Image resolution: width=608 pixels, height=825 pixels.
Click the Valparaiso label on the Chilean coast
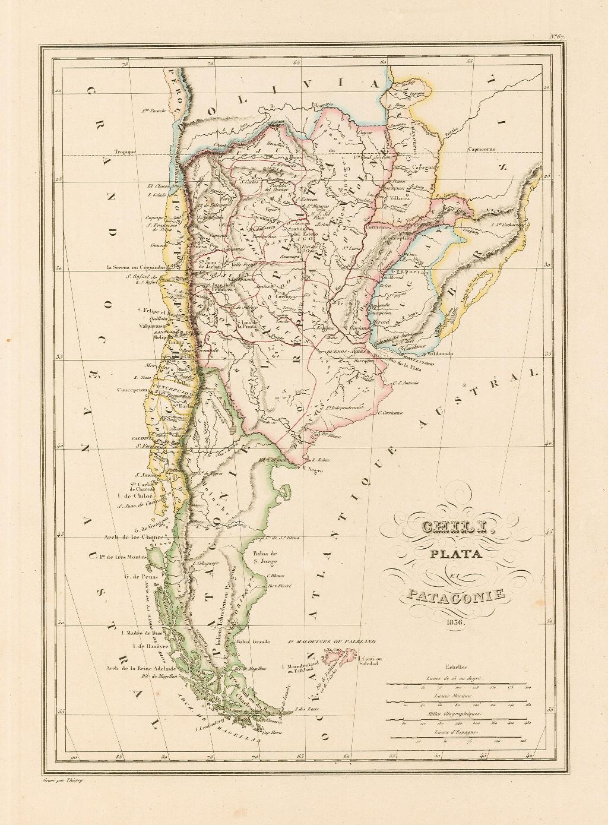[x=153, y=326]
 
